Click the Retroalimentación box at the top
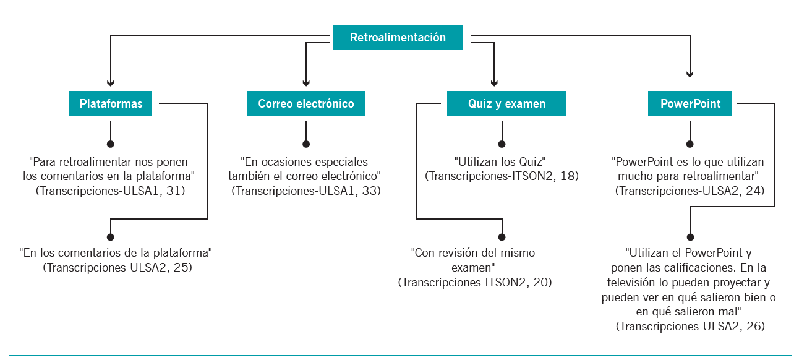click(x=398, y=38)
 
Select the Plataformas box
click(x=110, y=103)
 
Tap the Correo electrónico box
click(x=306, y=103)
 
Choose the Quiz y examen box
click(x=506, y=103)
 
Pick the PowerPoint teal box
click(x=690, y=103)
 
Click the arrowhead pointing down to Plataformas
click(x=111, y=83)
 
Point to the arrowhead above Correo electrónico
click(x=306, y=83)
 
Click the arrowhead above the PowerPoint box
click(x=690, y=74)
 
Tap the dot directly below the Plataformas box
click(x=111, y=144)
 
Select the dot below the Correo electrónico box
click(x=306, y=144)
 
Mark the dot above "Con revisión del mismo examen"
click(x=502, y=237)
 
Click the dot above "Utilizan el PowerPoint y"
click(x=690, y=237)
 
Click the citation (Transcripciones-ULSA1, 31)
click(x=110, y=191)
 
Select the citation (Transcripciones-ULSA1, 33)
click(x=306, y=191)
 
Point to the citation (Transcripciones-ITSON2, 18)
click(x=502, y=176)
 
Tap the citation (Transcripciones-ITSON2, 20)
click(x=475, y=282)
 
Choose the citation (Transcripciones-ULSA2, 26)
click(x=690, y=326)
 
